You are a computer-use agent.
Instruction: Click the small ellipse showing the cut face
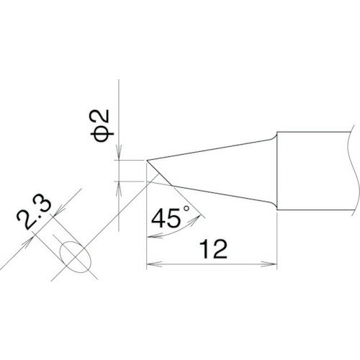[75, 255]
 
